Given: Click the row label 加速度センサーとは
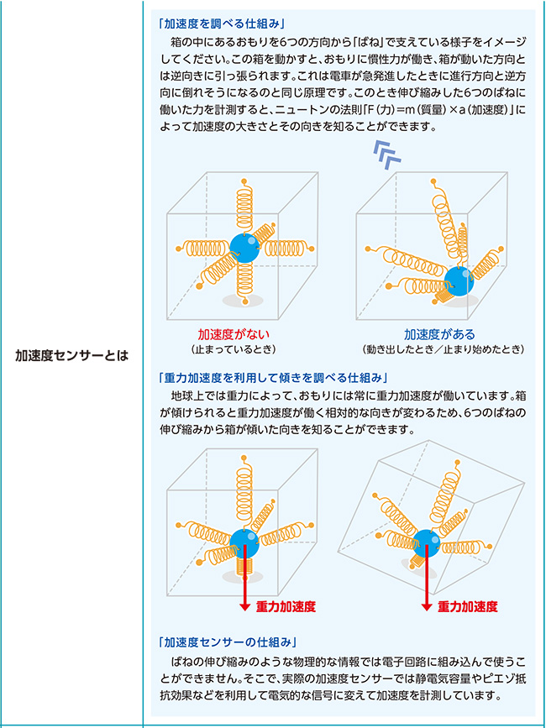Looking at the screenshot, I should [71, 354].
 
